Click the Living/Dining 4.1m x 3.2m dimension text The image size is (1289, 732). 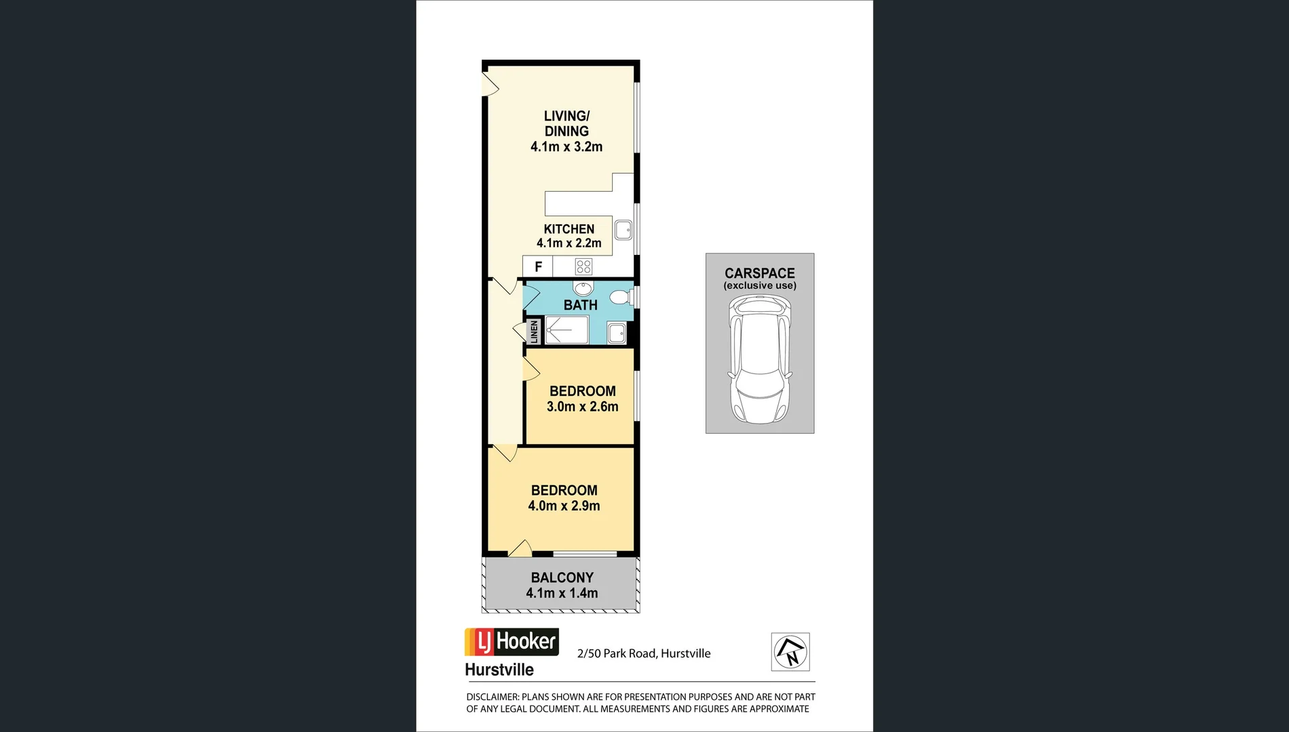tap(566, 147)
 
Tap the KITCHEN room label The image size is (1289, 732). tap(569, 229)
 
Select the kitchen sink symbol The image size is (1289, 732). tap(623, 230)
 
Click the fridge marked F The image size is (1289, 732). tap(538, 266)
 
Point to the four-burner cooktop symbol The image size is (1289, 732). tap(583, 266)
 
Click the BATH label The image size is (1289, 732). tap(580, 305)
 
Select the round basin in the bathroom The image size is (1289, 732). tap(583, 287)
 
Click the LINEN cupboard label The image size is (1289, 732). tap(534, 332)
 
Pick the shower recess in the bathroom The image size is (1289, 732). tap(566, 331)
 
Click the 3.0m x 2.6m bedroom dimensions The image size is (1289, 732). tap(582, 407)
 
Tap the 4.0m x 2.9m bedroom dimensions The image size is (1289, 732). tap(564, 506)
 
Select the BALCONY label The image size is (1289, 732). tap(562, 577)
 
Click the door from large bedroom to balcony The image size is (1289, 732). tap(520, 550)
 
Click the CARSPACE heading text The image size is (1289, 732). tap(759, 273)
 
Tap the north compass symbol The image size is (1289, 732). tap(790, 652)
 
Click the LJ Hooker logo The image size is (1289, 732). tap(512, 642)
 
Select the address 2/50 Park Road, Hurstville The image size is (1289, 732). tap(644, 653)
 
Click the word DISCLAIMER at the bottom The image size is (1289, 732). tap(492, 697)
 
